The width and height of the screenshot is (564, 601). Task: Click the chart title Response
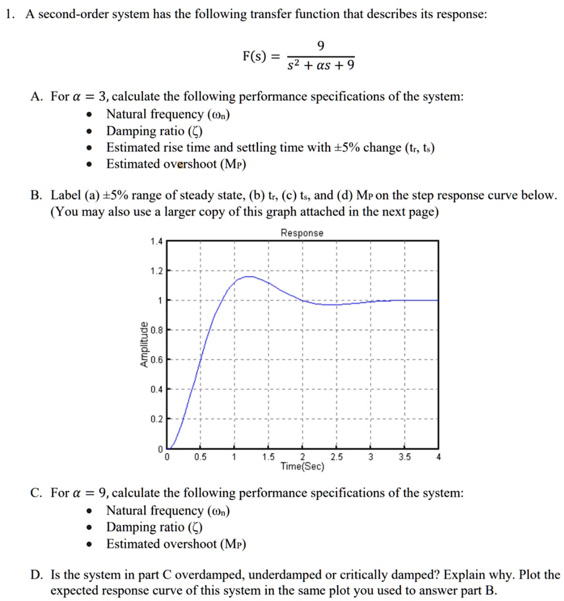(x=301, y=233)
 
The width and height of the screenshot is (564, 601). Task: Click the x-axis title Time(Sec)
(x=303, y=467)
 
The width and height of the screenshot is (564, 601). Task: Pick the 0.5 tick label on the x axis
(x=201, y=458)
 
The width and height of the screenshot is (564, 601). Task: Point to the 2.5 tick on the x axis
(x=336, y=458)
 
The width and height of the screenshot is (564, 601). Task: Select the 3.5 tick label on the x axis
(x=404, y=458)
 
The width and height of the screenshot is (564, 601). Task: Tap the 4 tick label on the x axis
(x=438, y=458)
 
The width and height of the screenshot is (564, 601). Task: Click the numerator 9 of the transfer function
(x=319, y=46)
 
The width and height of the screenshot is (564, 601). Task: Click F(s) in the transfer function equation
(x=254, y=57)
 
